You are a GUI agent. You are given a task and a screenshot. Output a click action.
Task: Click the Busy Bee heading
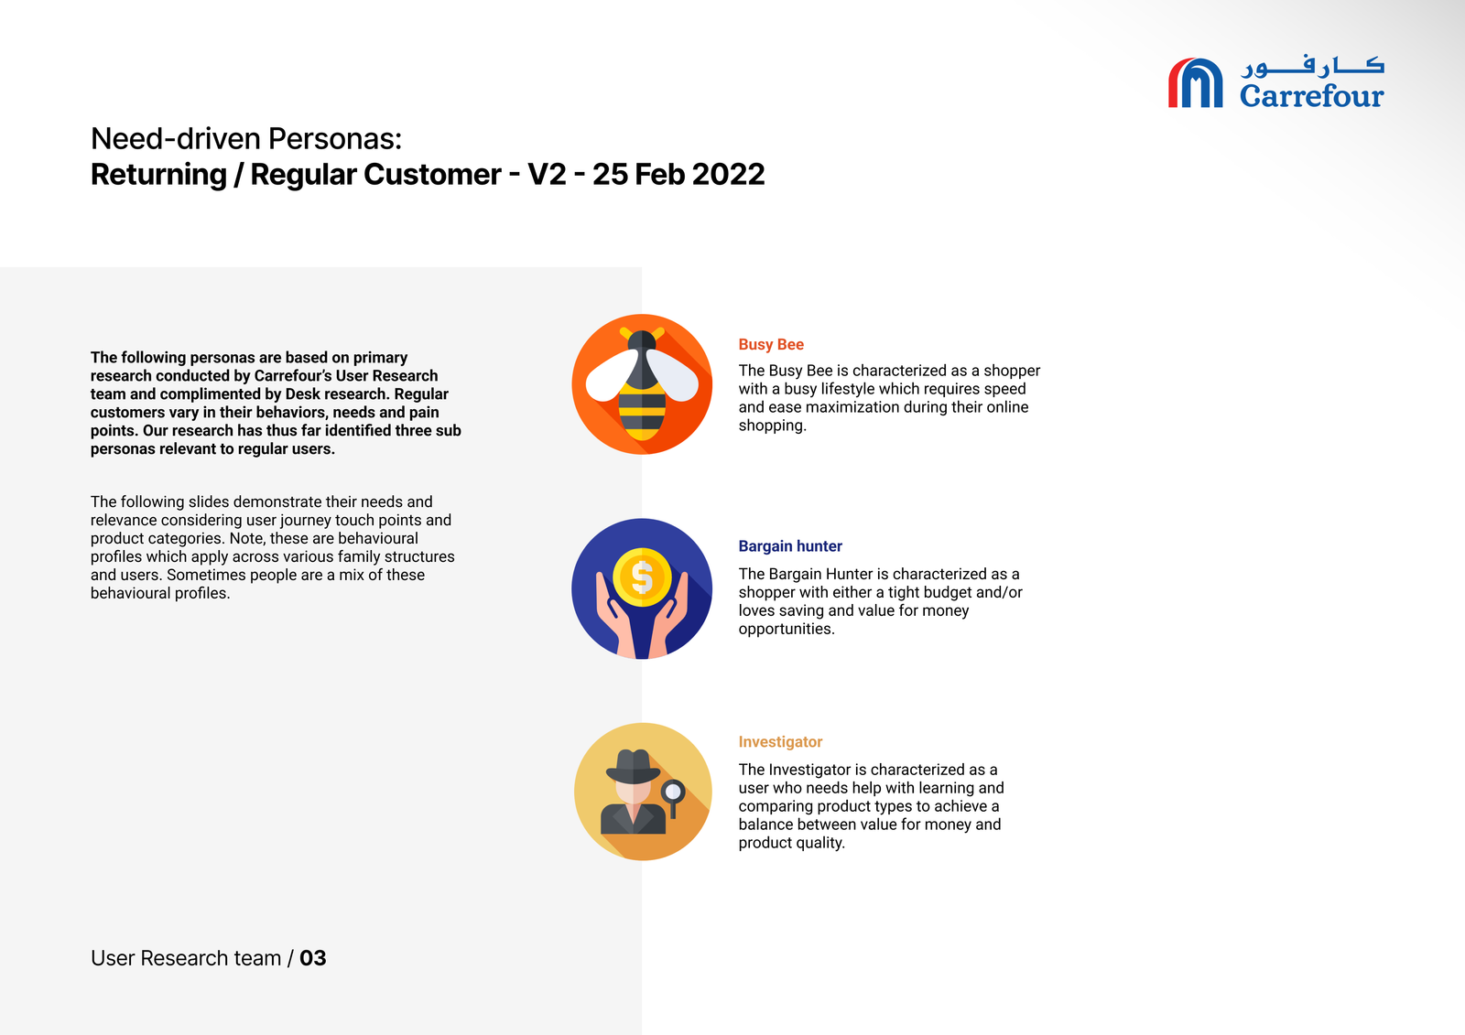pyautogui.click(x=770, y=345)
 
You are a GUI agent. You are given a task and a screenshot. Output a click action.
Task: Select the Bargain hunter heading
pyautogui.click(x=790, y=546)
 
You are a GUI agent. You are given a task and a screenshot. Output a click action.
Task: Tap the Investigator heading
pyautogui.click(x=780, y=742)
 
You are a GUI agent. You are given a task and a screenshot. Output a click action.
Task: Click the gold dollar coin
pyautogui.click(x=642, y=577)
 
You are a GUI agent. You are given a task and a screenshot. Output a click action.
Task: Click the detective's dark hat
pyautogui.click(x=633, y=766)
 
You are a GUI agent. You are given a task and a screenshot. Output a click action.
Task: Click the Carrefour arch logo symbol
pyautogui.click(x=1195, y=82)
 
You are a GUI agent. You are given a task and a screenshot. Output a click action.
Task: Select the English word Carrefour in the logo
pyautogui.click(x=1311, y=96)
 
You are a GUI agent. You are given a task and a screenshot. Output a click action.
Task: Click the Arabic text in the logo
pyautogui.click(x=1312, y=66)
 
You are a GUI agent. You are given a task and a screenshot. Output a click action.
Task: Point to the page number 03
pyautogui.click(x=312, y=958)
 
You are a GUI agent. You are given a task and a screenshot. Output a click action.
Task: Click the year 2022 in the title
pyautogui.click(x=728, y=175)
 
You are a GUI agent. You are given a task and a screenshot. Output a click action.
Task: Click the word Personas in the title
pyautogui.click(x=334, y=138)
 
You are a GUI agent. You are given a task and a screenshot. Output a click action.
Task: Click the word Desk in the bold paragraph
pyautogui.click(x=302, y=394)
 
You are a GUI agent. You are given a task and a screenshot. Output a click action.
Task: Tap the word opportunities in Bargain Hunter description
pyautogui.click(x=787, y=629)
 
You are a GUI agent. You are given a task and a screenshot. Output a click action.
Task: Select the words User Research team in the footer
pyautogui.click(x=186, y=958)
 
